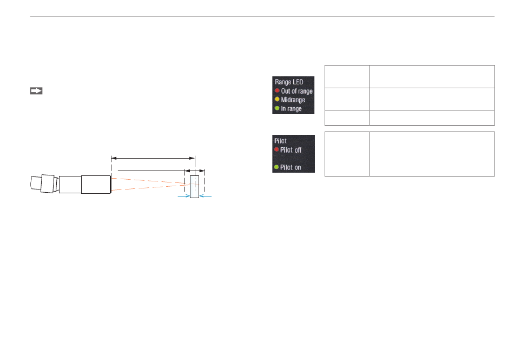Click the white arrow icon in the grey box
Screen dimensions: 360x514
(x=36, y=91)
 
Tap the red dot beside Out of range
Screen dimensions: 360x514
(x=277, y=91)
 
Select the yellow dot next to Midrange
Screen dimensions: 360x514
(x=277, y=100)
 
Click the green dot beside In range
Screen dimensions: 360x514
(x=277, y=109)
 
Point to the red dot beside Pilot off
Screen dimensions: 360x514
(x=276, y=149)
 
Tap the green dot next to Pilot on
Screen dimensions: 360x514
(x=276, y=167)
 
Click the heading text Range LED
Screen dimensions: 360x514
(x=289, y=82)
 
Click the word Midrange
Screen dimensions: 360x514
(x=293, y=100)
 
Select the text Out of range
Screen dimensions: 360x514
(x=296, y=91)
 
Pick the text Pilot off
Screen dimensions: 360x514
(x=291, y=149)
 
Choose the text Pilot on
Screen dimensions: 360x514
(x=291, y=167)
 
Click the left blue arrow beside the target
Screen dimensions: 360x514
(x=183, y=197)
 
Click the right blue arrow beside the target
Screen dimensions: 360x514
(x=206, y=197)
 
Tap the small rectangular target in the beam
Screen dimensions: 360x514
(x=194, y=187)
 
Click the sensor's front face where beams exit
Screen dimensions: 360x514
(x=110, y=184)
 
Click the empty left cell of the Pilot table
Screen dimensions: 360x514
(x=347, y=154)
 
